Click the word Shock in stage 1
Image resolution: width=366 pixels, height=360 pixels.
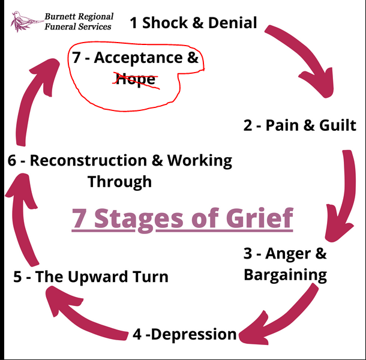click(166, 23)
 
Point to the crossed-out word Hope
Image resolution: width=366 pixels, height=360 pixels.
click(136, 80)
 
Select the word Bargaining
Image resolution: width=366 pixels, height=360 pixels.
click(285, 275)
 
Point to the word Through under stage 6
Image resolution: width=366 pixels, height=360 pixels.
click(119, 181)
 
